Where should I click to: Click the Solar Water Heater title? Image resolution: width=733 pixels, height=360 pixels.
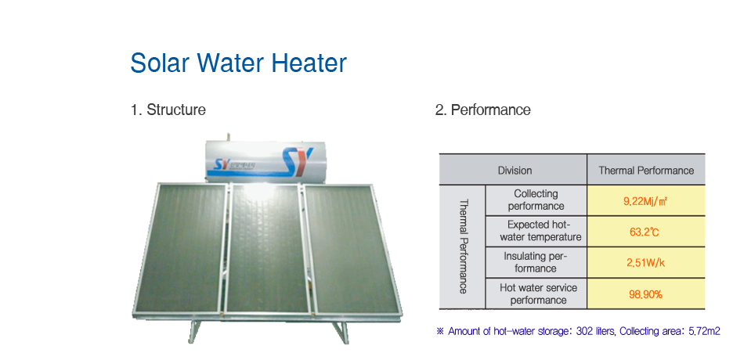tap(238, 63)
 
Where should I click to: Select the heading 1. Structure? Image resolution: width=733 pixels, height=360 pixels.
tap(168, 110)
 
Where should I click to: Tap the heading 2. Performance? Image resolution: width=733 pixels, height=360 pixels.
tap(483, 110)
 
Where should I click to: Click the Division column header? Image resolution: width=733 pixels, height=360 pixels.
tap(515, 171)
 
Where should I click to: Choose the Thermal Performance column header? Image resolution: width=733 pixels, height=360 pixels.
tap(646, 171)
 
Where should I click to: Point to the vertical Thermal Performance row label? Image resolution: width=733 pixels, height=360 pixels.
tap(464, 247)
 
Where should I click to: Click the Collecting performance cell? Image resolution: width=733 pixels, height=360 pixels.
tap(536, 200)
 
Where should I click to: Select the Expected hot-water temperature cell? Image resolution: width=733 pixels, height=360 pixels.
tap(540, 231)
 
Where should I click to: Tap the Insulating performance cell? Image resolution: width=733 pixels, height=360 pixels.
tap(536, 262)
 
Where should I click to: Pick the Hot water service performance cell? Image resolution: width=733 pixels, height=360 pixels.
tap(538, 293)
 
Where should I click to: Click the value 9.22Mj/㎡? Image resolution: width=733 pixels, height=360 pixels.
tap(645, 201)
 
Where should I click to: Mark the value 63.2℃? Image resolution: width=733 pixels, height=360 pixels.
tap(645, 232)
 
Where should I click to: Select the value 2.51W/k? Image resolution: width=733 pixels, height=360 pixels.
tap(645, 263)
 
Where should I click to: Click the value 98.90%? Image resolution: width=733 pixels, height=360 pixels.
tap(645, 294)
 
